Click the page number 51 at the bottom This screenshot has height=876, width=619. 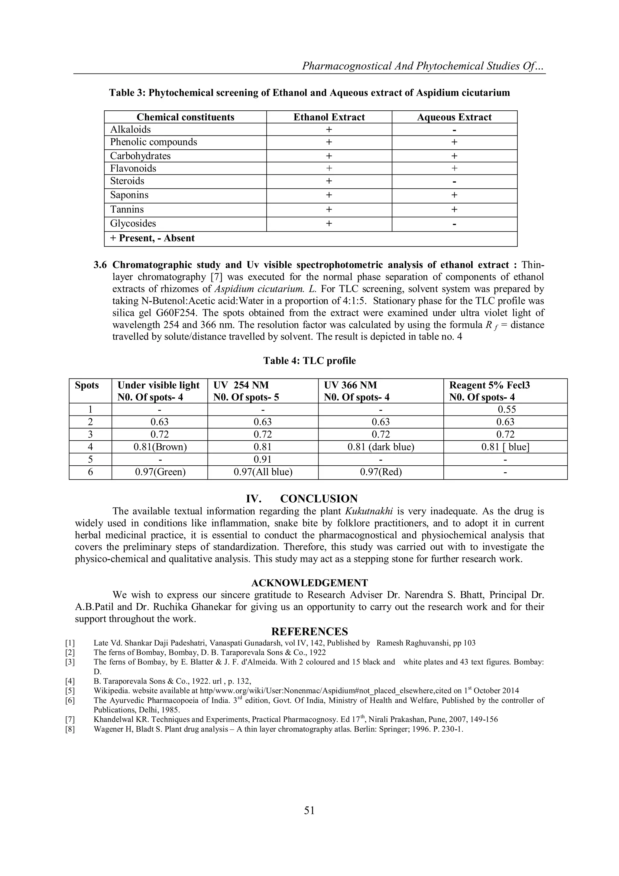[x=309, y=810]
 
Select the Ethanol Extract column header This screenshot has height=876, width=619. [x=329, y=117]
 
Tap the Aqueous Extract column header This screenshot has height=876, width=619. [x=454, y=117]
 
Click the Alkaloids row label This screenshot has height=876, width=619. [x=131, y=129]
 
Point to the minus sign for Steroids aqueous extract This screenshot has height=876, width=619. [x=454, y=182]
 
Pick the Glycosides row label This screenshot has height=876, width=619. [x=133, y=223]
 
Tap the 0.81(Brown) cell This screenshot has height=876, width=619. [x=160, y=447]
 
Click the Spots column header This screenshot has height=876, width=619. [x=87, y=385]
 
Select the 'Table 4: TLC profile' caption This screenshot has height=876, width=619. [x=309, y=360]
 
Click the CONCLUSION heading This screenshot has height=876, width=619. [x=319, y=499]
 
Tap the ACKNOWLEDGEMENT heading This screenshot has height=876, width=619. [x=309, y=583]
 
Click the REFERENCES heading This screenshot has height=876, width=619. [x=309, y=631]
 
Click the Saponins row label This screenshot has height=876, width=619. [x=129, y=195]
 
